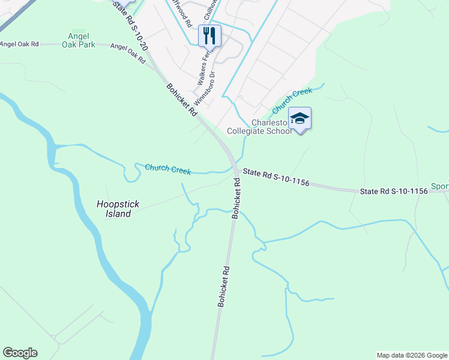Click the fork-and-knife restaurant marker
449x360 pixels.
point(209,35)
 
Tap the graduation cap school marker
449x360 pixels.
point(300,119)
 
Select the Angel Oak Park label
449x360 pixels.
point(78,40)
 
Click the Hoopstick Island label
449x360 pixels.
point(118,209)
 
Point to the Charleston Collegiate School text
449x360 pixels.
point(259,127)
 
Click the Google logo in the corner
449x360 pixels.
point(20,353)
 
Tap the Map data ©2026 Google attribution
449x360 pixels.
point(412,355)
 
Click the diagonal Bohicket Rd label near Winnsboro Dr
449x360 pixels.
point(182,100)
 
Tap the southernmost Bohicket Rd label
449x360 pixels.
point(223,287)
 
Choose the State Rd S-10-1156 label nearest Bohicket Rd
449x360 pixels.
point(276,177)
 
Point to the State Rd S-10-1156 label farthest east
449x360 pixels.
point(394,191)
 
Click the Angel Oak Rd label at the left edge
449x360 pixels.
point(19,44)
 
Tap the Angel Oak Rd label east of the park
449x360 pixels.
point(128,53)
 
